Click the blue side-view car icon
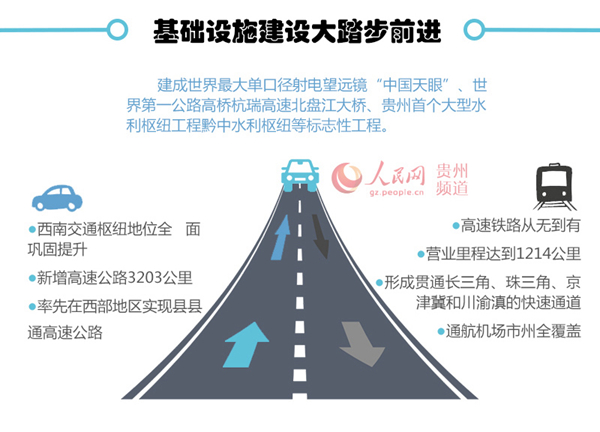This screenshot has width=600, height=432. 57,198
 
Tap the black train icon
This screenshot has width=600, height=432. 554,187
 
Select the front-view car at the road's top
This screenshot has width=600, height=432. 300,175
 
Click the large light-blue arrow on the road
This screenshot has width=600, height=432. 246,345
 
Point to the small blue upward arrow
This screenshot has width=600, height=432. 280,237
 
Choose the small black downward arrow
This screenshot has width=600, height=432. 320,236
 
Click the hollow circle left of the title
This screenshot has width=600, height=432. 117,29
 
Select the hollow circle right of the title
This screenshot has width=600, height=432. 474,29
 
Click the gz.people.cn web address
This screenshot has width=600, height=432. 397,192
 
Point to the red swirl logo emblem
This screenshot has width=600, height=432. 347,178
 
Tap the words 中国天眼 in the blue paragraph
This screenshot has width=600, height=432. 412,85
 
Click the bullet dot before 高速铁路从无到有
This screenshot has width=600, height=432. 456,226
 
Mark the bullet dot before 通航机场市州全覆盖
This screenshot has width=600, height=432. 441,331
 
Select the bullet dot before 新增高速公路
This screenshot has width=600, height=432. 32,278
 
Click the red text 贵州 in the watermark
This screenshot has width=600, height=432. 452,171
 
